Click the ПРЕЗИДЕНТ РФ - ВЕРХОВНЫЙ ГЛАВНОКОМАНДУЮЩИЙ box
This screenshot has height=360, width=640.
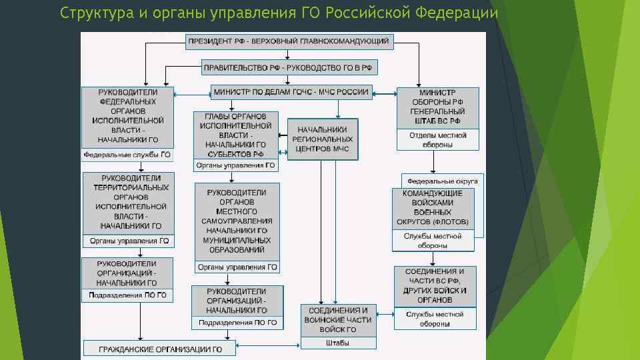(289, 41)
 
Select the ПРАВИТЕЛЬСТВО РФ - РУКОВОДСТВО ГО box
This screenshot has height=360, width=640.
(289, 67)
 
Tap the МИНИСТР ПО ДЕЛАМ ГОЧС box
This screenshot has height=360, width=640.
(290, 92)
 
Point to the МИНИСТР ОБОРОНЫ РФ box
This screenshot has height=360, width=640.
(438, 107)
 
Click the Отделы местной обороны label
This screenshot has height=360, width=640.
(438, 139)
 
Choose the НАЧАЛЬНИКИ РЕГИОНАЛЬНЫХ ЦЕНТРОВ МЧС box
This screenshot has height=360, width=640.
(323, 139)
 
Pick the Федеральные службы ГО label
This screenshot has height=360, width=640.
(127, 155)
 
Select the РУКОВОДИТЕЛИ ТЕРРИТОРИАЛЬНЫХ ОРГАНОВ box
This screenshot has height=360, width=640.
(127, 203)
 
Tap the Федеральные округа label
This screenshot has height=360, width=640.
(442, 181)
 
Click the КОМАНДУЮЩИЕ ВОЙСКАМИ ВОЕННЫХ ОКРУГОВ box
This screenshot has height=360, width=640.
(433, 207)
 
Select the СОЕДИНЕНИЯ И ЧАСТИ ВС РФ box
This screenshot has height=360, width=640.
(435, 285)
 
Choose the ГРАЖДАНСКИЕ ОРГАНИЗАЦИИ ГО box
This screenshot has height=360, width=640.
(160, 349)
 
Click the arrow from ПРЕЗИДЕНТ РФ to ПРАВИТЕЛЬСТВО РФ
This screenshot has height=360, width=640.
(289, 55)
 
